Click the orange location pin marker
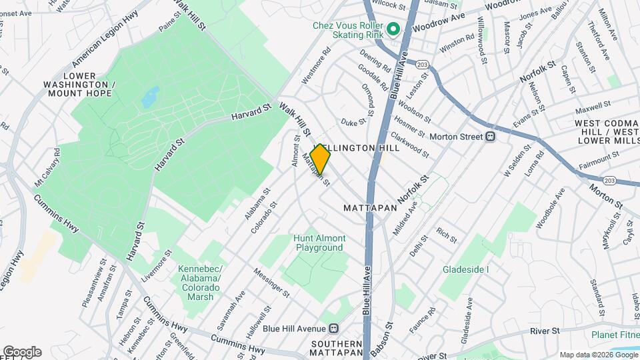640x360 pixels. (321, 161)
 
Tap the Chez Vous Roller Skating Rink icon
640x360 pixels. (393, 29)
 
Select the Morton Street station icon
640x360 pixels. (489, 137)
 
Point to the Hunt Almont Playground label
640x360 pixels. (320, 243)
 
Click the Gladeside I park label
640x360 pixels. (465, 269)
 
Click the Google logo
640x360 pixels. (21, 352)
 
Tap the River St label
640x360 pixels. (543, 331)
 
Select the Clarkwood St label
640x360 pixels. (409, 144)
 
